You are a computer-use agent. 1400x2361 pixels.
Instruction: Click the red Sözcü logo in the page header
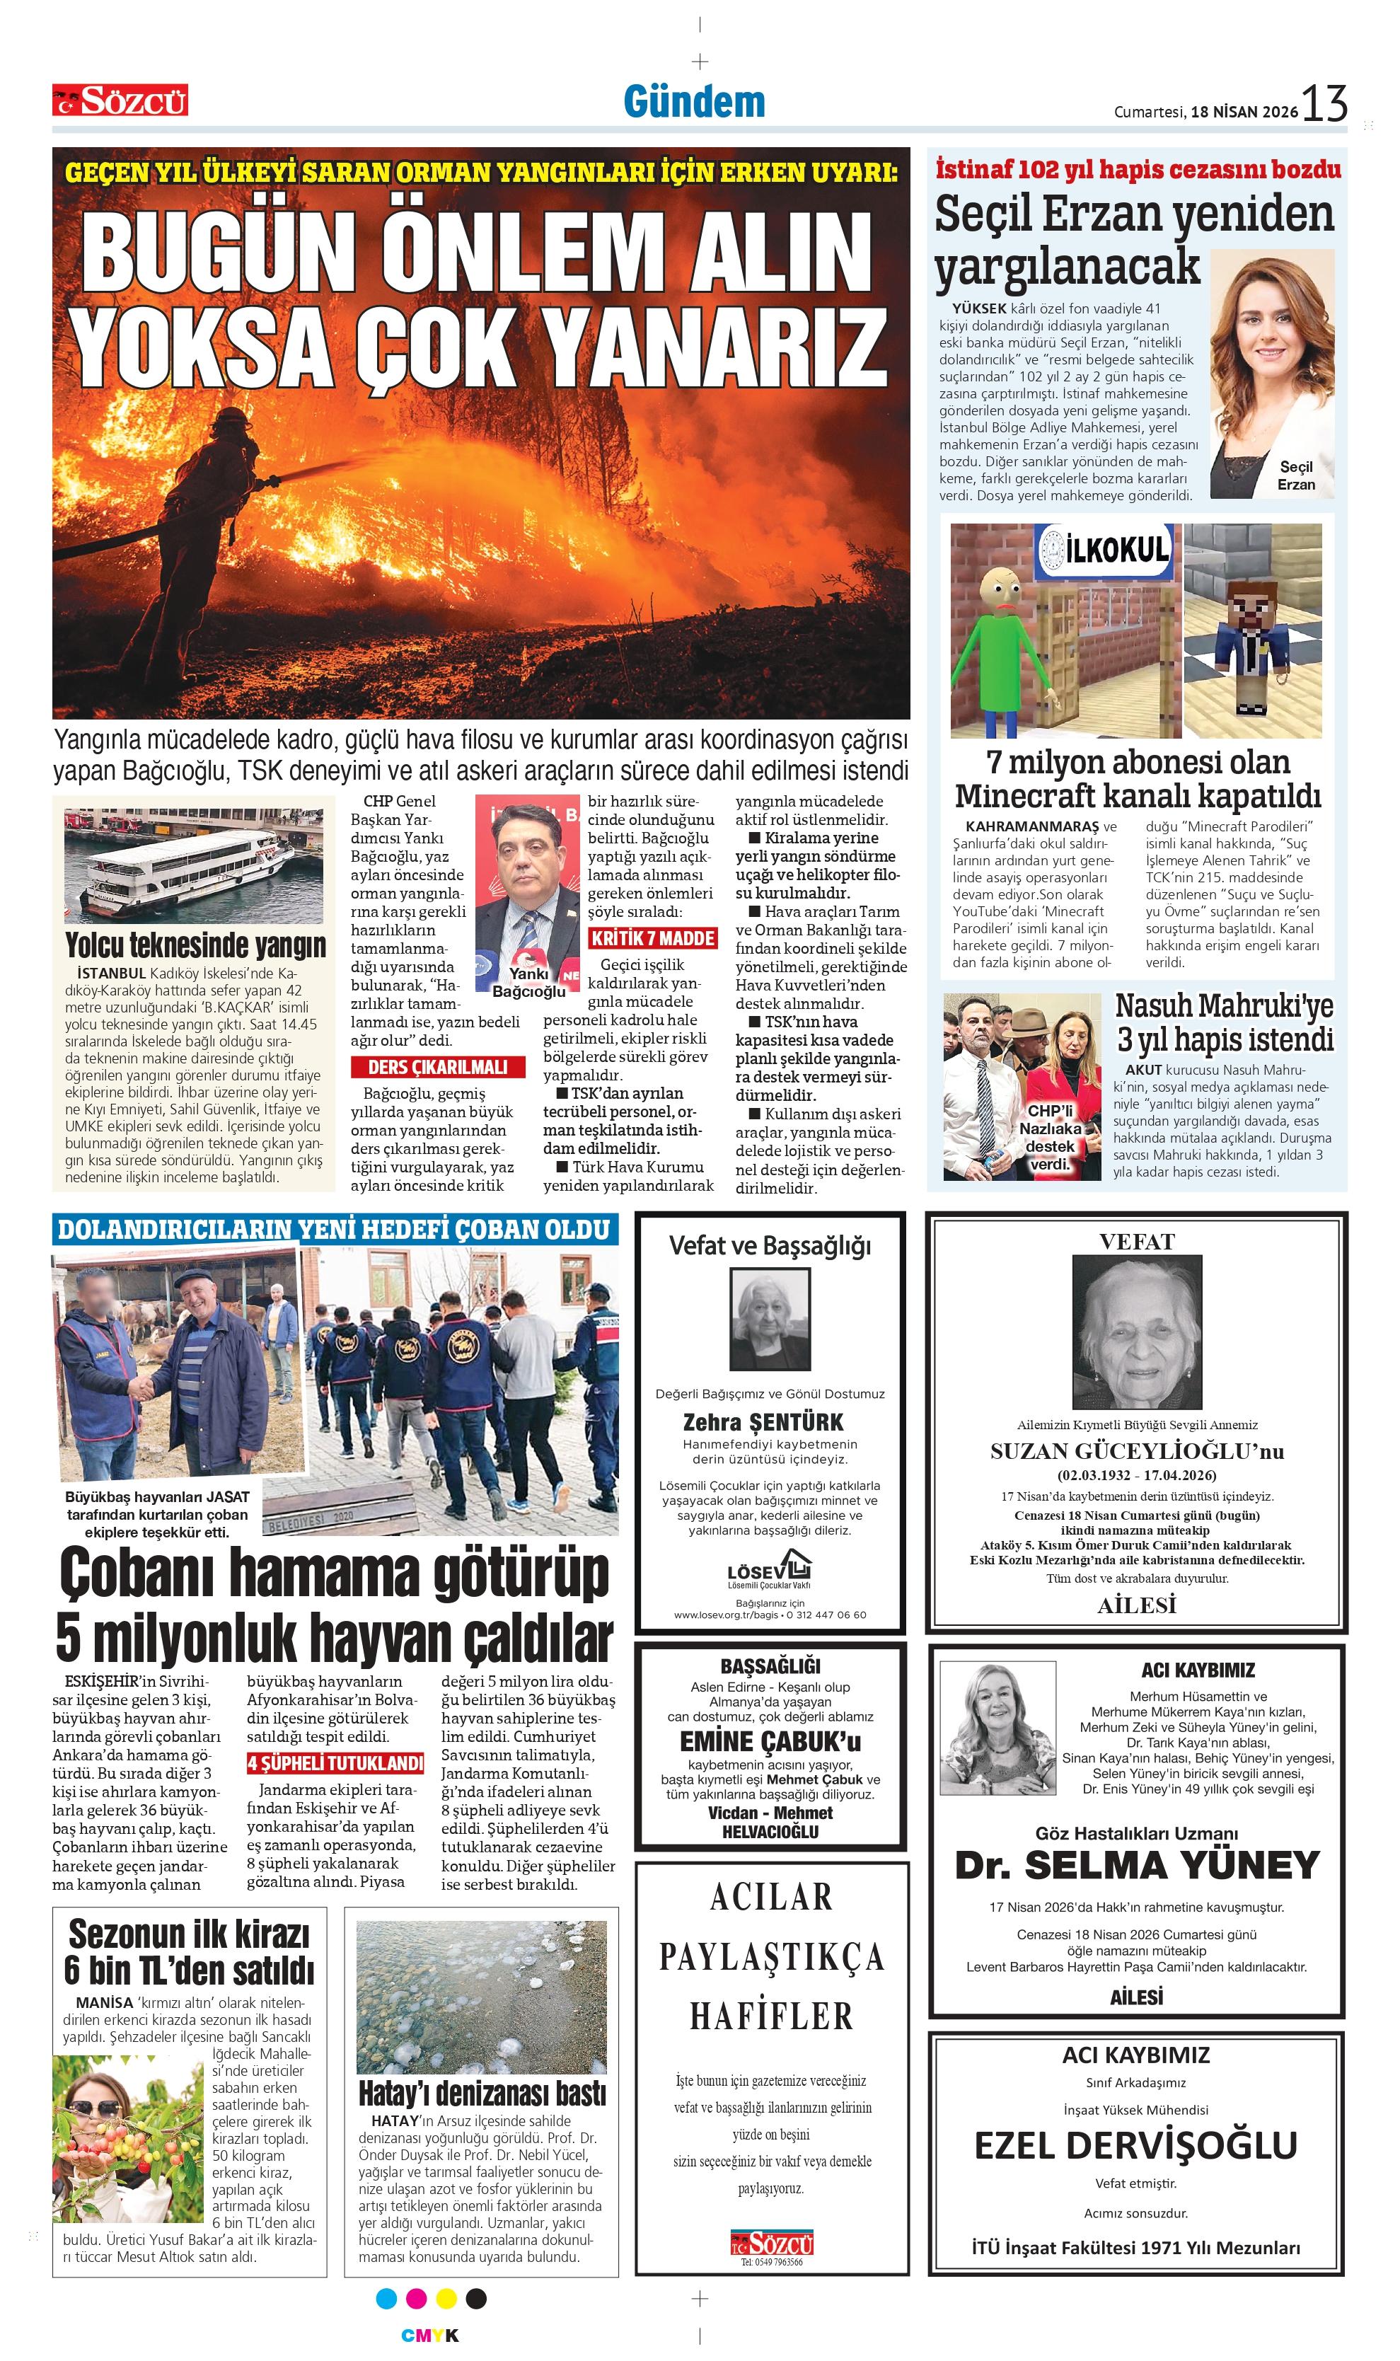click(120, 100)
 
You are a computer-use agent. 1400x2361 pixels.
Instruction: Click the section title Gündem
click(694, 102)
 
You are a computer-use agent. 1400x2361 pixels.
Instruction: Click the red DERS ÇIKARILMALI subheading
click(438, 1067)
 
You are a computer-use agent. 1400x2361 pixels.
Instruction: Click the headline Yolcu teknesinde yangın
click(195, 945)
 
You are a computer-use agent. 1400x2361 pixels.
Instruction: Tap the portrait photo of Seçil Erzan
click(1272, 373)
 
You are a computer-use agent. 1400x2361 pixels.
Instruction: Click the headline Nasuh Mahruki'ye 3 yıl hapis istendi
click(1225, 1022)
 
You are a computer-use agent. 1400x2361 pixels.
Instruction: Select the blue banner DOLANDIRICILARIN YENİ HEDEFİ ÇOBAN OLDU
click(334, 1230)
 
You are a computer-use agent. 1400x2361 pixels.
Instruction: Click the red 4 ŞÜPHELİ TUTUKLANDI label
click(335, 1763)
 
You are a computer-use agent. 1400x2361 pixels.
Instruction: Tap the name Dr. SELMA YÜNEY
click(1137, 1865)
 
